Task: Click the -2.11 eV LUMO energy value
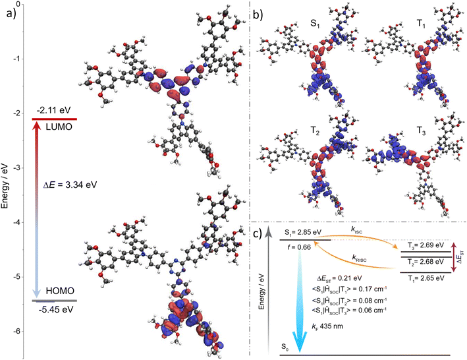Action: [x=54, y=111]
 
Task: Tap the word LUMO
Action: [x=59, y=127]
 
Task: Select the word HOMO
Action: [x=60, y=291]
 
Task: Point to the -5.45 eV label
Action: [x=56, y=310]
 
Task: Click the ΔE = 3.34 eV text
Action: [x=70, y=185]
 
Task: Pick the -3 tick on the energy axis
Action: [x=15, y=167]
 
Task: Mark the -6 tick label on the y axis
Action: [x=15, y=332]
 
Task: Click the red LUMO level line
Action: [x=55, y=119]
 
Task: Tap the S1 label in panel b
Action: [x=315, y=24]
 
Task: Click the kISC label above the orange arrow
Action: [x=357, y=231]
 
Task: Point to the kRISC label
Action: [x=359, y=258]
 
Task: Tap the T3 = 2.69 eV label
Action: [x=426, y=245]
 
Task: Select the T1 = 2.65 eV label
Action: [x=426, y=278]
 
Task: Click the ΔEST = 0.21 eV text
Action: [x=339, y=278]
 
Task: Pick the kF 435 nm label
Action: [x=327, y=326]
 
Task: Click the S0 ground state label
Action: [x=285, y=347]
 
